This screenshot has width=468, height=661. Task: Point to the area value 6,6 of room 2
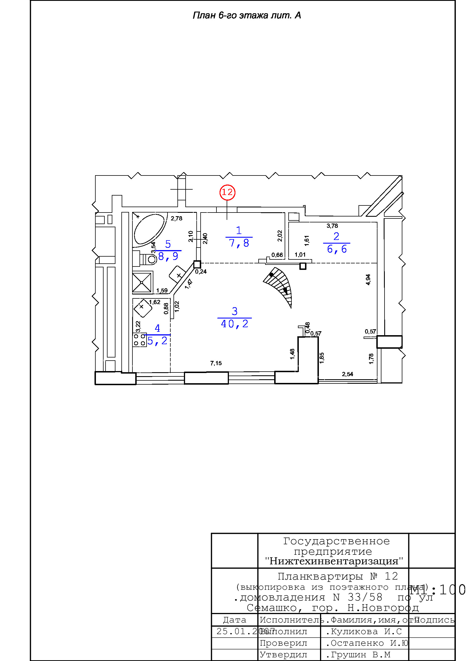337,249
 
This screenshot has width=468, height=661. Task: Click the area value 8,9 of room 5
168,256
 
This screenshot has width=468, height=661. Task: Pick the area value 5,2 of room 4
157,341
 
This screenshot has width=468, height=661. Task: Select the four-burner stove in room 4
139,340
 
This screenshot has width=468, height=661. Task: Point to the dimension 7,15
216,363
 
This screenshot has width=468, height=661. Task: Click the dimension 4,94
368,279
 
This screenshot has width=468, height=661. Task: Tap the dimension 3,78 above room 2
332,226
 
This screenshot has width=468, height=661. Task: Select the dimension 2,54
347,374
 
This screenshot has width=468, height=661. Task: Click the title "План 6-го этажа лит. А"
247,15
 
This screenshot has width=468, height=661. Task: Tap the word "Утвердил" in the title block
283,655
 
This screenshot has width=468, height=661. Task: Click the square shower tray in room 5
142,283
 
